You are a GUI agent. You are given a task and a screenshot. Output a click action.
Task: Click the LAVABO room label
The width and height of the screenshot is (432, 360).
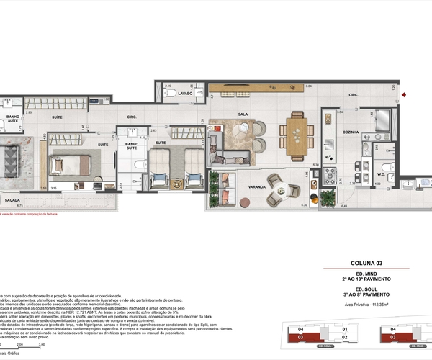(185, 93)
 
